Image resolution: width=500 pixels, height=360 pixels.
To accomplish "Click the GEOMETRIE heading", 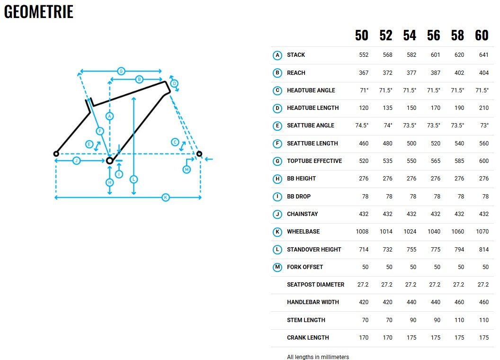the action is (38, 11).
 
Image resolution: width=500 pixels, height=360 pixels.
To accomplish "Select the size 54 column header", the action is (410, 35).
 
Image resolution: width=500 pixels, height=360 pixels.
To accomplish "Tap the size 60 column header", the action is (482, 35).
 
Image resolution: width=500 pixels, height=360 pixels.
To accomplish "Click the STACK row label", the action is (296, 55).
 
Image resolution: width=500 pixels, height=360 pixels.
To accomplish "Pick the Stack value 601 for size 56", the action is (435, 55).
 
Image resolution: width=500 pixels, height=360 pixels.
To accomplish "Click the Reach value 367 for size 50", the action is (364, 73).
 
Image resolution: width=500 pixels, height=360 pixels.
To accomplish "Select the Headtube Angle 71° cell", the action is (364, 90).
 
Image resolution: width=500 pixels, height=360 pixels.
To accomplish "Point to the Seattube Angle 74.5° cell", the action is (362, 126).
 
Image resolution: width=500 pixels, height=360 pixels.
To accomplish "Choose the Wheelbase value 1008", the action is (362, 231).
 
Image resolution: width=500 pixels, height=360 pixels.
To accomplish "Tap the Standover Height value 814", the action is (484, 249).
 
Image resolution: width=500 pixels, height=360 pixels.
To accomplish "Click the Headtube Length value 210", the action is (484, 108).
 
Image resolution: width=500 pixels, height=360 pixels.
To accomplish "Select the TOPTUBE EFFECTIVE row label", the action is (314, 161).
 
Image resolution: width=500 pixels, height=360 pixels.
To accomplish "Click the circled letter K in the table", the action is (277, 232).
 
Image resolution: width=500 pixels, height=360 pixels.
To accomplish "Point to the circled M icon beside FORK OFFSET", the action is (277, 267).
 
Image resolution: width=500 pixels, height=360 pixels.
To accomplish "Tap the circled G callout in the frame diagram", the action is (121, 71).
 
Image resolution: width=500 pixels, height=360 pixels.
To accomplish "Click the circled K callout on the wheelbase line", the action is (166, 198).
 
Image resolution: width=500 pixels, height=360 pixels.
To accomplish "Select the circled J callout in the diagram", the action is (76, 161).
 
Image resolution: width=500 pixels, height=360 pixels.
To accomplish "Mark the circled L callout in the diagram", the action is (134, 180).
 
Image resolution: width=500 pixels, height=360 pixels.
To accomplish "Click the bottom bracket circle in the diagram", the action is (109, 160).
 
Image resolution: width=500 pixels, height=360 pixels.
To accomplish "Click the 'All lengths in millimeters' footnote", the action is (318, 357).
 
